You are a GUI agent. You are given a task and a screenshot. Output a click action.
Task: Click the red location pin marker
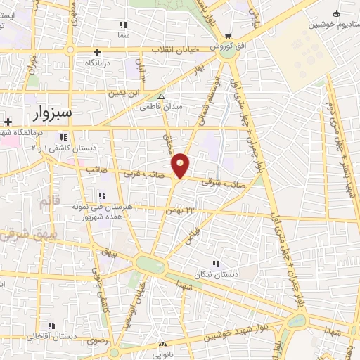tap(181, 165)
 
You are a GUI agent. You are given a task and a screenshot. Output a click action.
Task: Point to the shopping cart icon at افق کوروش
tap(227, 37)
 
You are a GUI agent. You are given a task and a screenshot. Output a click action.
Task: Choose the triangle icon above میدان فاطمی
tap(162, 97)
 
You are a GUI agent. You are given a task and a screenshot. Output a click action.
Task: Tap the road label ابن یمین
tap(124, 92)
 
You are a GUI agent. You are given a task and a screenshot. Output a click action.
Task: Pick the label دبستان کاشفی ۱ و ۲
tap(70, 148)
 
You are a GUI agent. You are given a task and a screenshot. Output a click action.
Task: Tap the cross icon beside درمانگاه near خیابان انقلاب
tap(97, 52)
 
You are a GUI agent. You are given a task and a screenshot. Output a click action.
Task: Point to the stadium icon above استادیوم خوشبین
tap(335, 13)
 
